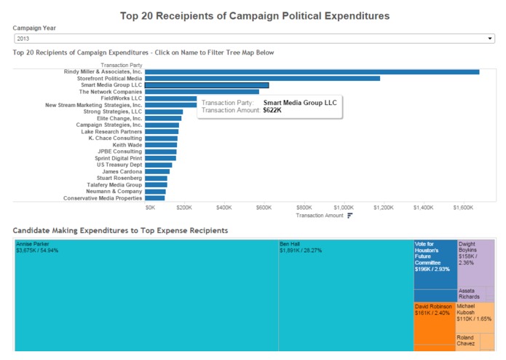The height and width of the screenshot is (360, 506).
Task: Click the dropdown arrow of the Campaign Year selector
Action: point(490,38)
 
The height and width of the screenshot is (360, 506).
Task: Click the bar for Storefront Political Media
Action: point(262,78)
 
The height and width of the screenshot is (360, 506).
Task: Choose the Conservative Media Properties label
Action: point(103,197)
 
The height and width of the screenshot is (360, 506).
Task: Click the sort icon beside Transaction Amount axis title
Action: point(350,216)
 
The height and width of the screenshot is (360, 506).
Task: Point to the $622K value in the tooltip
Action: point(272,110)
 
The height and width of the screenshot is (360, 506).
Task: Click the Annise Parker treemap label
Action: point(33,244)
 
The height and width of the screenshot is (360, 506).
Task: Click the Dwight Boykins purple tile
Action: point(475,262)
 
